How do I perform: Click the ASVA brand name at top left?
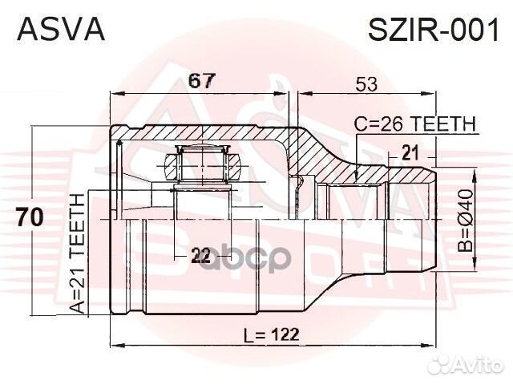tap(61, 30)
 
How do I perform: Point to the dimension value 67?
tap(200, 80)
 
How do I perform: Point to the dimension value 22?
tap(200, 256)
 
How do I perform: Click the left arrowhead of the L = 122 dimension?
tap(112, 345)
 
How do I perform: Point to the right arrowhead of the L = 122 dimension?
tap(433, 345)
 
